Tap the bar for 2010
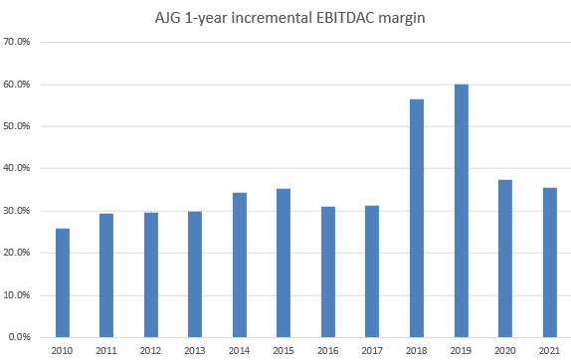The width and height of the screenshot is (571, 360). (63, 282)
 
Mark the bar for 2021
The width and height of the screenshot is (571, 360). (549, 263)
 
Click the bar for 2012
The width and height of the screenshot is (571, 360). (151, 274)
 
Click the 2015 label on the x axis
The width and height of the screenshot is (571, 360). (284, 350)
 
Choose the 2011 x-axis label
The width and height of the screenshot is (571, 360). (107, 350)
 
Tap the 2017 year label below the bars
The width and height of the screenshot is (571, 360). (372, 350)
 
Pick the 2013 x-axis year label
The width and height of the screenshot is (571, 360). (195, 350)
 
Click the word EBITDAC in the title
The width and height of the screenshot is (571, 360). (360, 15)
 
